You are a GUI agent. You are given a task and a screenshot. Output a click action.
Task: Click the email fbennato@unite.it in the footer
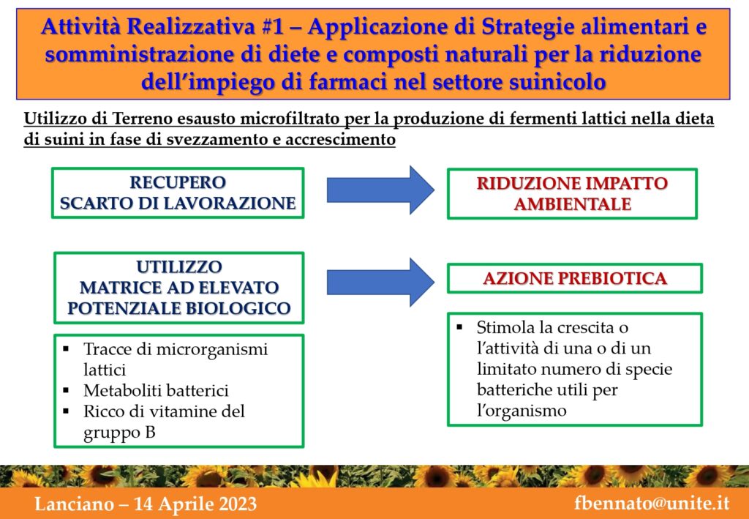(652, 504)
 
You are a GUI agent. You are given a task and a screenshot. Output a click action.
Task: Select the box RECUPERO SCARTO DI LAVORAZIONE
(178, 193)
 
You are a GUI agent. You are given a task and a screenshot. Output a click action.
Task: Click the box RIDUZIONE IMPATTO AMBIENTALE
(572, 193)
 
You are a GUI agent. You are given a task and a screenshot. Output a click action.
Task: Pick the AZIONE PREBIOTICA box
(575, 278)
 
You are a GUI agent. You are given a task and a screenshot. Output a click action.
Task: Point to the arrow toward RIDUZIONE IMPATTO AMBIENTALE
(380, 190)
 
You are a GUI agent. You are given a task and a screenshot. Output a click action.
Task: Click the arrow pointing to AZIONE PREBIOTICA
(380, 282)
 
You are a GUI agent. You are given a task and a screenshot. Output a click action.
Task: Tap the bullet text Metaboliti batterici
(156, 390)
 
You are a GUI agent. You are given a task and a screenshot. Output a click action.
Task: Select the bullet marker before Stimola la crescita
(459, 328)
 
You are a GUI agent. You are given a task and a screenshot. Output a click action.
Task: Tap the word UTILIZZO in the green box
(179, 266)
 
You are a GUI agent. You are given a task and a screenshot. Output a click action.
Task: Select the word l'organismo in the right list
(521, 411)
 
